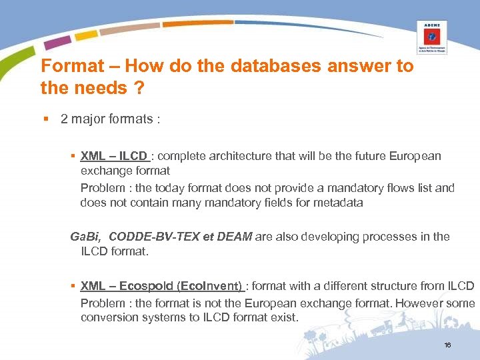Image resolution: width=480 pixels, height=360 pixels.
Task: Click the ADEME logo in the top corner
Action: [432, 36]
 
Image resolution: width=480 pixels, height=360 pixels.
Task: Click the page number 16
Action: [447, 345]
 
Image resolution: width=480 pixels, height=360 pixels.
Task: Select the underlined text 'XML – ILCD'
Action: [113, 156]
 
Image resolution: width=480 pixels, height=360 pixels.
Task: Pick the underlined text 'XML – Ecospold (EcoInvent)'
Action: [161, 286]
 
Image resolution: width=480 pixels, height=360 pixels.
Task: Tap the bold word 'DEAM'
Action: [237, 236]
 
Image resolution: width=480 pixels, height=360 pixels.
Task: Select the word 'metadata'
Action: [339, 203]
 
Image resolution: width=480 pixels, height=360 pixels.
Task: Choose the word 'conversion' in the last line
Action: [107, 317]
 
